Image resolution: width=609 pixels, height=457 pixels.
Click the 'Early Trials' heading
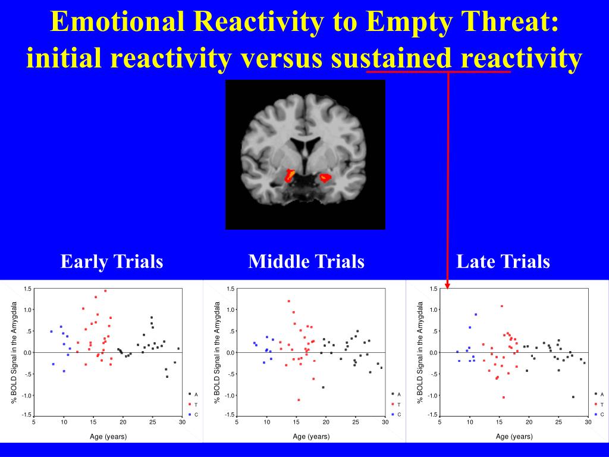pos(112,261)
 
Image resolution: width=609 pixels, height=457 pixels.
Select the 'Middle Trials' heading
pos(306,261)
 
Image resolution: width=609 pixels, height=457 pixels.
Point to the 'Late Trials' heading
pos(503,261)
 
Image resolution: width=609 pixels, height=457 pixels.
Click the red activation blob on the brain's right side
pos(325,177)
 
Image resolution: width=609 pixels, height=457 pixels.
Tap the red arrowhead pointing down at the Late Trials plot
pos(447,284)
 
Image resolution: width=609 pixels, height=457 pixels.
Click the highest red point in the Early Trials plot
pos(105,291)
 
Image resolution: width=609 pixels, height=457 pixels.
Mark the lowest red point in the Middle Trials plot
pos(299,400)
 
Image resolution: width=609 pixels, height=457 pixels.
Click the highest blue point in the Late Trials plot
pos(476,314)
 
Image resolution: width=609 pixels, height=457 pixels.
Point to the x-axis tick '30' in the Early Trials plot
pos(182,422)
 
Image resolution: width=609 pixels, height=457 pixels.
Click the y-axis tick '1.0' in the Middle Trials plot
pos(231,310)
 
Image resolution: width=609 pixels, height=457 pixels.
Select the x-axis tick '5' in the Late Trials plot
pos(440,422)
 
